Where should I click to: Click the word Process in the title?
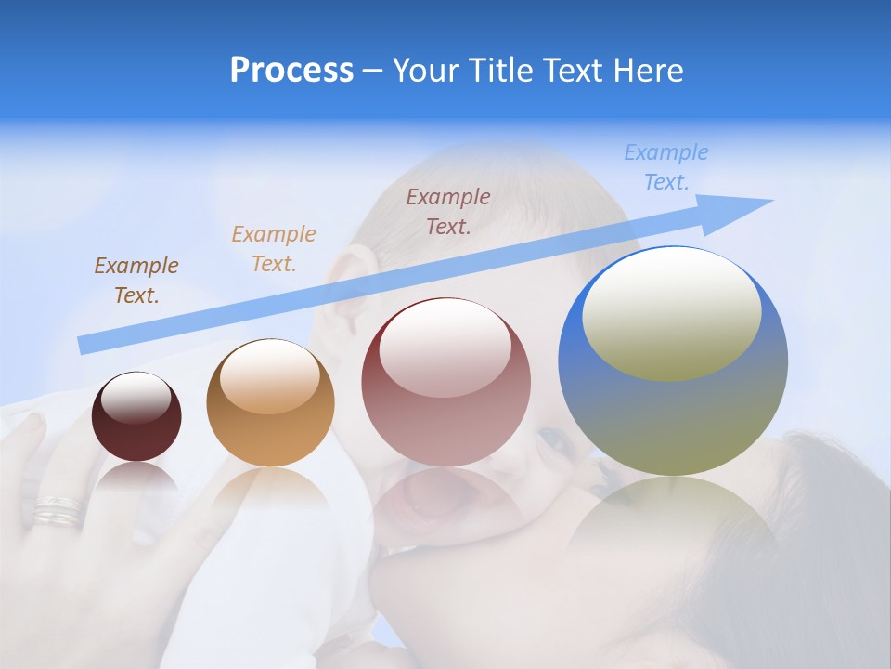[x=291, y=71]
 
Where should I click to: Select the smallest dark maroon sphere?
[x=136, y=417]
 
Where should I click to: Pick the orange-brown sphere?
[x=270, y=403]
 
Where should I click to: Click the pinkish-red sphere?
[x=445, y=383]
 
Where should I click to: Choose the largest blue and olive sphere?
[x=673, y=361]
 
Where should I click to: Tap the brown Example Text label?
[x=136, y=281]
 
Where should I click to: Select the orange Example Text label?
[x=273, y=249]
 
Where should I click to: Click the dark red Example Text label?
[x=447, y=212]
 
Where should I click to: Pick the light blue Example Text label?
[x=665, y=167]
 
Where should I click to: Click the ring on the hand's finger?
[x=58, y=510]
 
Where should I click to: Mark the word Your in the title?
[x=424, y=71]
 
